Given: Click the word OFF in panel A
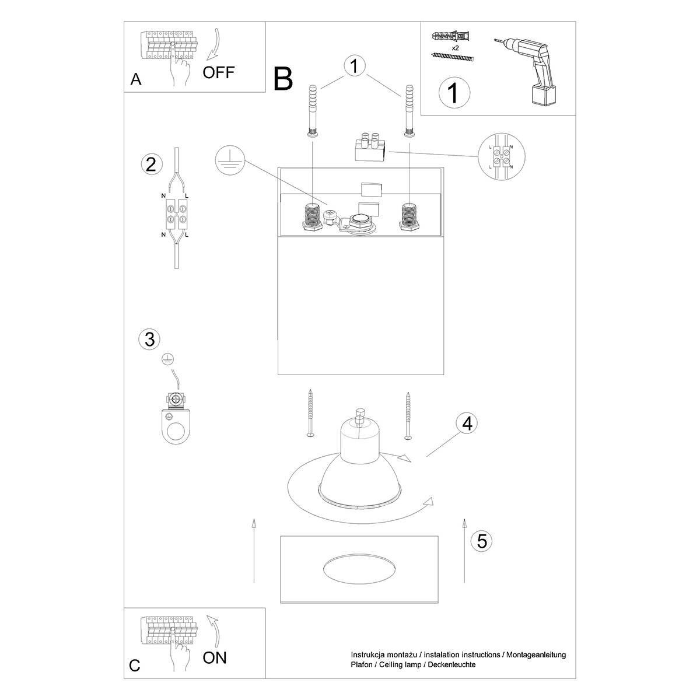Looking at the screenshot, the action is [x=218, y=73].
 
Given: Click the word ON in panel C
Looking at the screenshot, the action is [x=214, y=658].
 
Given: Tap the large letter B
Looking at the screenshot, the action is [x=283, y=79].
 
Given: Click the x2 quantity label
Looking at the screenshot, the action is [x=455, y=48].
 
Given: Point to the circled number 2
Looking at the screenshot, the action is [x=150, y=164].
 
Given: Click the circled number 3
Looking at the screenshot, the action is [x=150, y=339].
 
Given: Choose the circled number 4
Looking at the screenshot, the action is [x=467, y=423].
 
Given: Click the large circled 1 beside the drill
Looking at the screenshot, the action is [x=454, y=92].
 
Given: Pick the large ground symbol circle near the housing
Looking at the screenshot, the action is [x=230, y=160].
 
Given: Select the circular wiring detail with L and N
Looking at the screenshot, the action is [x=502, y=156].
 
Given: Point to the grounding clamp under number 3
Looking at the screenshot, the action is [x=176, y=418].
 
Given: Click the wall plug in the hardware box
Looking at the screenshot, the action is [x=450, y=37].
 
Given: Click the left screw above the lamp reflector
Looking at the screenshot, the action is [x=310, y=412].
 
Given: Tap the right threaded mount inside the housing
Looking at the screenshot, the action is [x=409, y=217].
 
